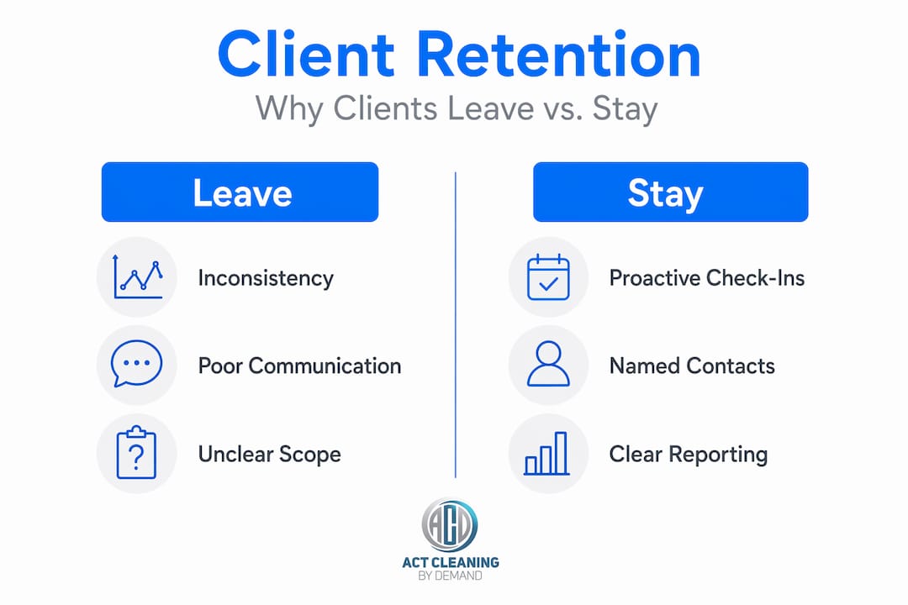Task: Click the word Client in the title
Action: (306, 54)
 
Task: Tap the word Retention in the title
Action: (559, 54)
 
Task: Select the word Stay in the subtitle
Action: (625, 109)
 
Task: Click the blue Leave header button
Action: (240, 192)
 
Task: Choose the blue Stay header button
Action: (671, 192)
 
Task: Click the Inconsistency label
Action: (266, 278)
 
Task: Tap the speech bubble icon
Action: (137, 363)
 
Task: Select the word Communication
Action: (325, 366)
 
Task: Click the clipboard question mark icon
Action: (137, 452)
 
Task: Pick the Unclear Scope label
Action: (269, 455)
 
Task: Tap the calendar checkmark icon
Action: (548, 276)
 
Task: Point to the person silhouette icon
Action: (548, 364)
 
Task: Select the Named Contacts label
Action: (692, 366)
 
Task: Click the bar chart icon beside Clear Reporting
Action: (546, 453)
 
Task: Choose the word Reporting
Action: (718, 455)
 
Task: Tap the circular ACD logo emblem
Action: (450, 526)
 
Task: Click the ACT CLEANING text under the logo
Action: (451, 562)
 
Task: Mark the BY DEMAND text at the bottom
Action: (451, 576)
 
